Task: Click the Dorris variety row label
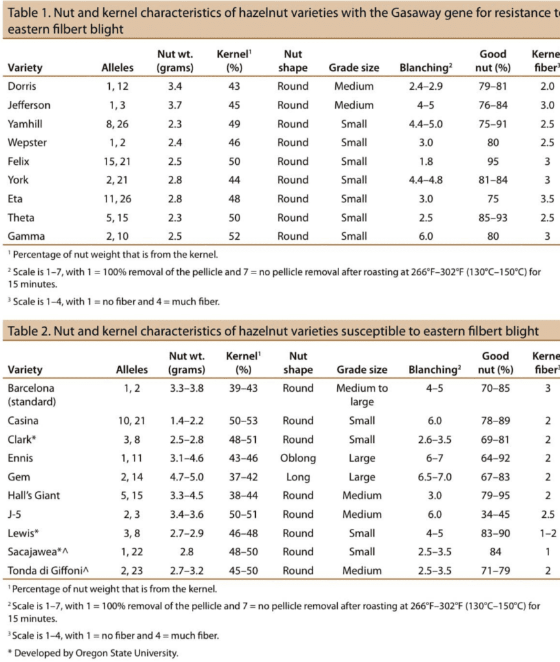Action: click(x=23, y=86)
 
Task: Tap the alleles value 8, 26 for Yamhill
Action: click(x=118, y=123)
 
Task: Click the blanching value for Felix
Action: click(x=425, y=161)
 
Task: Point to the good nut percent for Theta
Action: click(x=493, y=217)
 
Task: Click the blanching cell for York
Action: click(x=425, y=180)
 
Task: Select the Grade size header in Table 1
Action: click(x=354, y=68)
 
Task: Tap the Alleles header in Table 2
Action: click(x=132, y=370)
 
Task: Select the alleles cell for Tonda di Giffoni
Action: click(x=131, y=571)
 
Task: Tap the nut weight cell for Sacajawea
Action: click(x=187, y=552)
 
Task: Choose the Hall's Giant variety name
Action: click(x=34, y=496)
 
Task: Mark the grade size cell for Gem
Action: click(x=362, y=477)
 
